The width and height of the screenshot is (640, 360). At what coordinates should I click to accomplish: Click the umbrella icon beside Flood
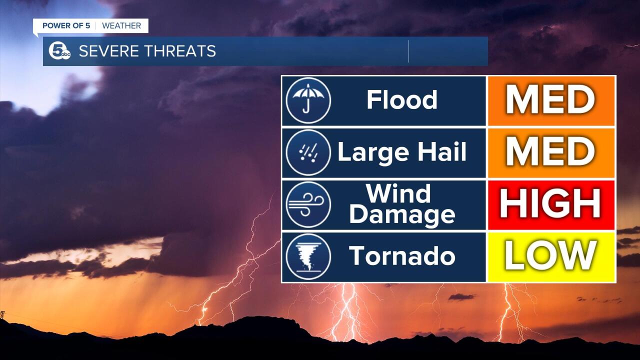click(308, 100)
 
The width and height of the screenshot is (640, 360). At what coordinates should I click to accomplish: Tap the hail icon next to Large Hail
click(308, 152)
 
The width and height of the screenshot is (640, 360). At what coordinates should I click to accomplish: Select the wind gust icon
click(308, 204)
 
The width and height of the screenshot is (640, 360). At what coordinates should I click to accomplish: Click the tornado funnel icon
click(308, 256)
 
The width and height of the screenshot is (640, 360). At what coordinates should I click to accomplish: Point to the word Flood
click(402, 99)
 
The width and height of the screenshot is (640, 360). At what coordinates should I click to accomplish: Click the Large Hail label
click(402, 152)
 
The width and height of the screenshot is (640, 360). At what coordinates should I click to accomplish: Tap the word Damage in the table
click(402, 215)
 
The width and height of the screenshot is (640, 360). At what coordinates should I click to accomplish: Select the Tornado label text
click(402, 255)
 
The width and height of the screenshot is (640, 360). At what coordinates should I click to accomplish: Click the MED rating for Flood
click(550, 100)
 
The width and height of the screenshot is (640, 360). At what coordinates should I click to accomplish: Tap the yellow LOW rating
click(550, 255)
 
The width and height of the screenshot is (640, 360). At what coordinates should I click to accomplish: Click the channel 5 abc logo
click(59, 51)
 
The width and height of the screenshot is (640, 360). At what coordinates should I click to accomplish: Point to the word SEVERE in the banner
click(109, 51)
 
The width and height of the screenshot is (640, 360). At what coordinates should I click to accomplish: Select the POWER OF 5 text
click(66, 25)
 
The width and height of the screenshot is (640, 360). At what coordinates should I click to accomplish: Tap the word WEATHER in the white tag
click(121, 25)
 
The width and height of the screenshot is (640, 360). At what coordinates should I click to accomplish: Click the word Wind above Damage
click(398, 193)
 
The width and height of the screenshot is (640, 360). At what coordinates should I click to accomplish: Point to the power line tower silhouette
click(2, 315)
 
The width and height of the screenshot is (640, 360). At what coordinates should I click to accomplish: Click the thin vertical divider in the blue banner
click(408, 51)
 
